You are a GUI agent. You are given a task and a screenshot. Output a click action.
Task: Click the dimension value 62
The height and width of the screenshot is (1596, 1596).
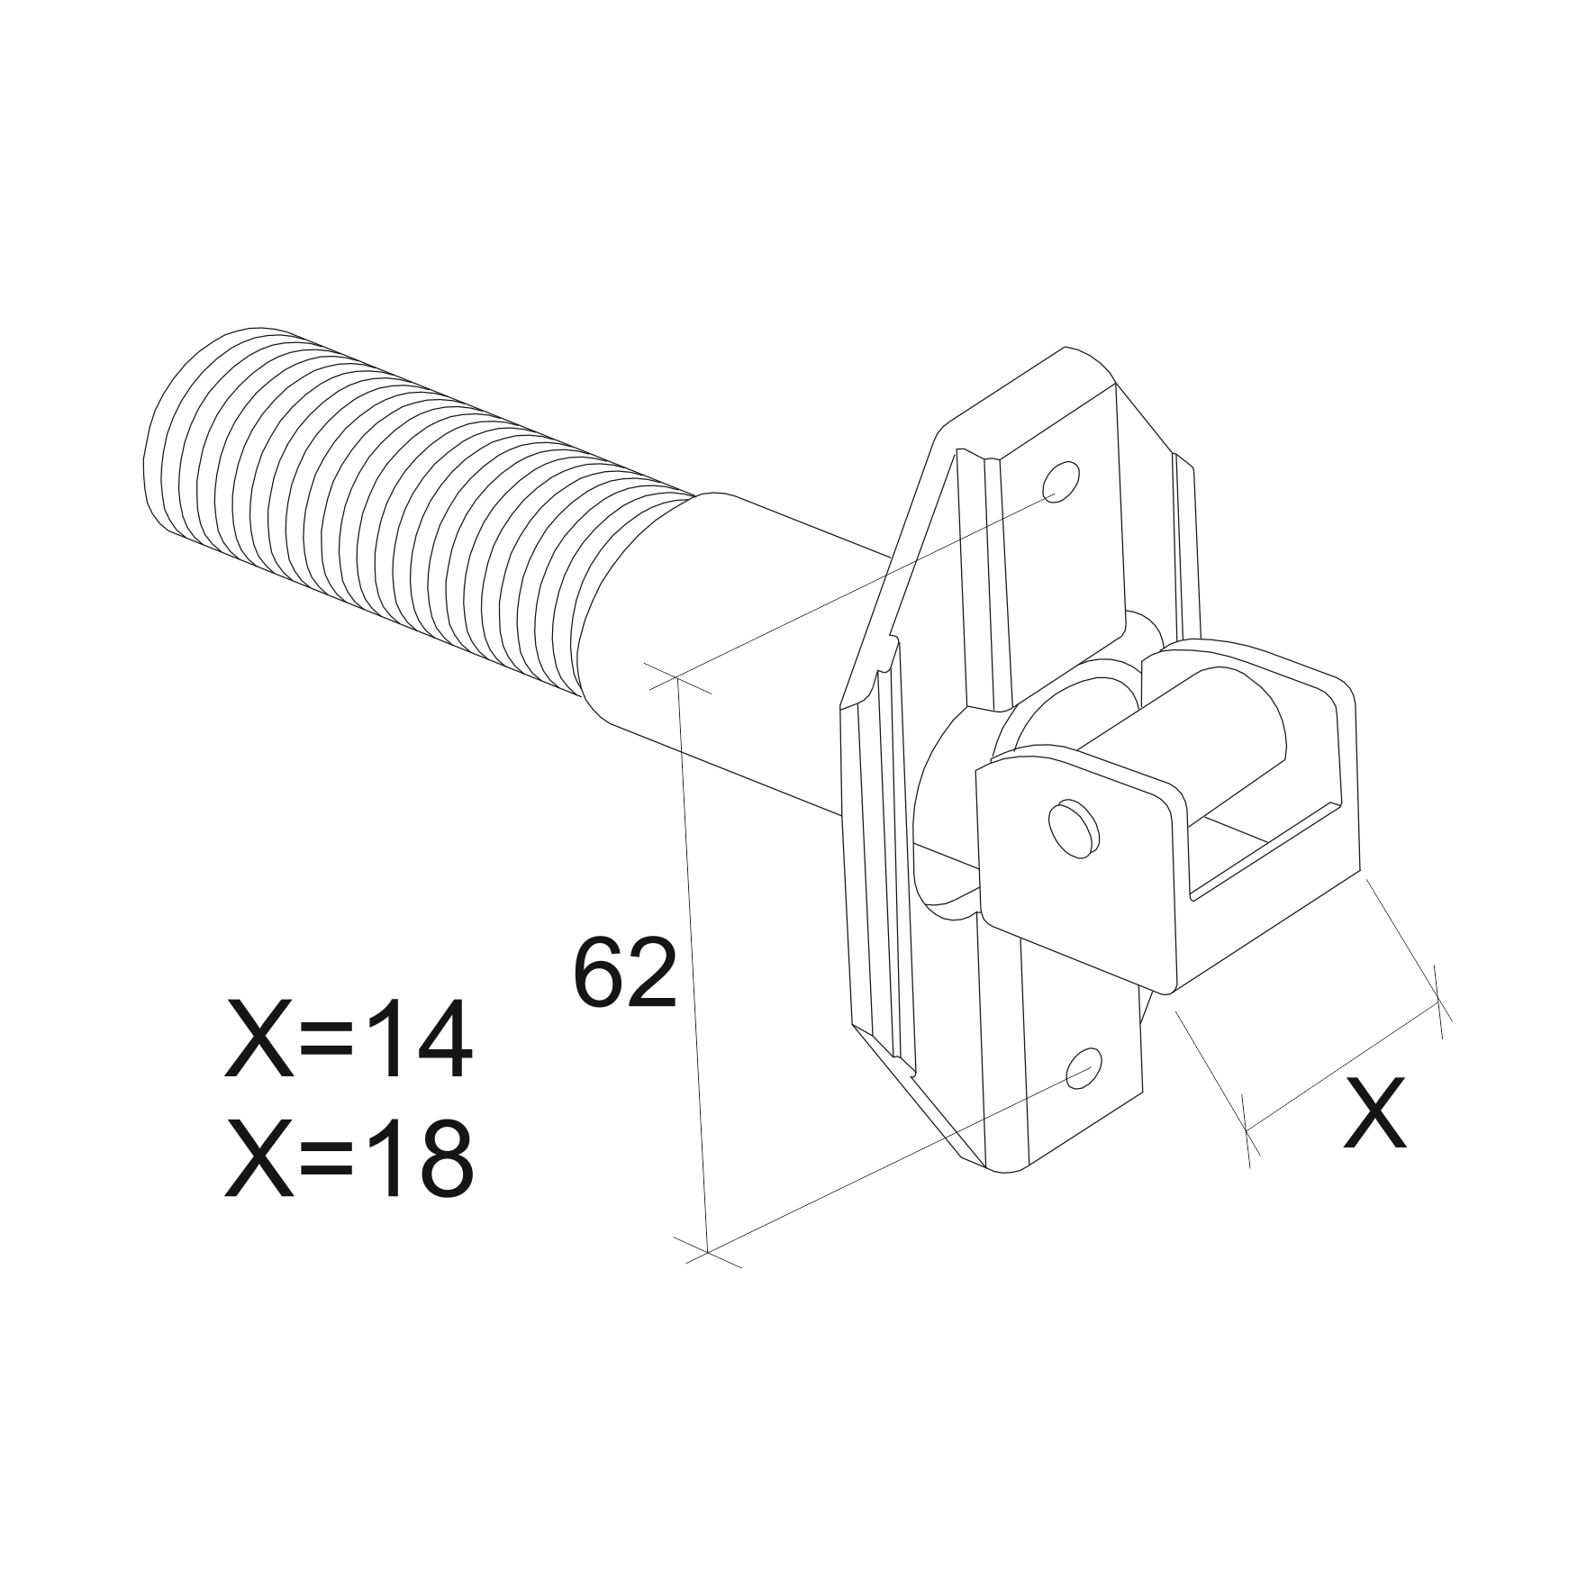click(624, 974)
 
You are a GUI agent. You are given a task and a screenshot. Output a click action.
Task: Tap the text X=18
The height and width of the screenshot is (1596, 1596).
click(348, 1159)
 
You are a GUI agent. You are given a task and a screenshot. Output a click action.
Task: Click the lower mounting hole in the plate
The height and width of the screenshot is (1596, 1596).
click(1084, 1068)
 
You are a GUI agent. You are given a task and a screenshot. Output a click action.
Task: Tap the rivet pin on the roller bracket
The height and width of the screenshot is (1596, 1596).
click(1073, 824)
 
